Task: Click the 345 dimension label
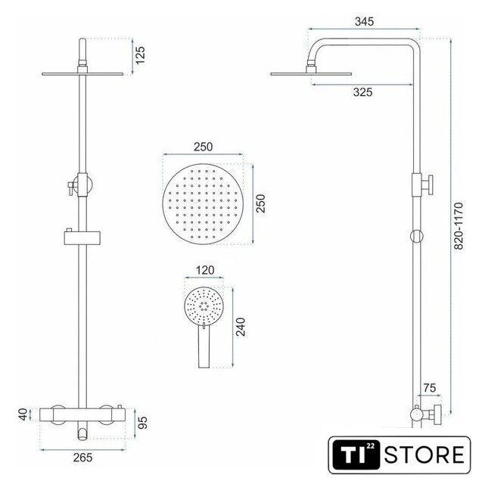click(x=364, y=22)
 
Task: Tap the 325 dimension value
click(x=363, y=92)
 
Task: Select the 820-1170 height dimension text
click(x=459, y=225)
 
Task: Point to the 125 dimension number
click(x=140, y=55)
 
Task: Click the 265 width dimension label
click(x=82, y=458)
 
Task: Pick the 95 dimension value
click(x=142, y=423)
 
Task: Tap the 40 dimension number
click(x=23, y=414)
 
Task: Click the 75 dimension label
click(x=430, y=388)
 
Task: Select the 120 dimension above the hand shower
click(x=205, y=271)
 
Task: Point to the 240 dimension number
click(x=241, y=327)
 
